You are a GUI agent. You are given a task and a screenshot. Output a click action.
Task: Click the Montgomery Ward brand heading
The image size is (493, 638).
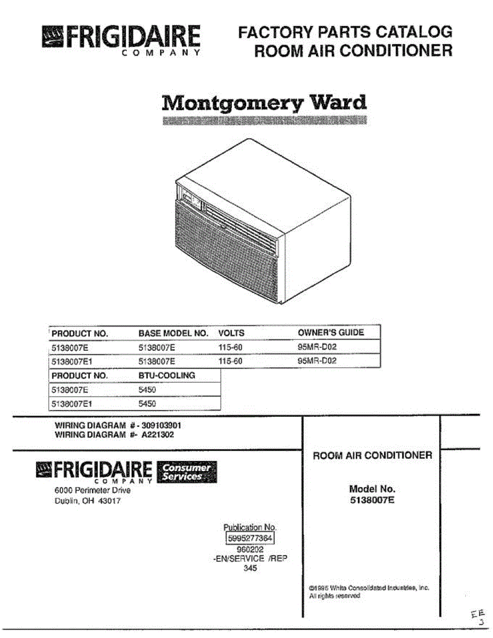click(x=264, y=102)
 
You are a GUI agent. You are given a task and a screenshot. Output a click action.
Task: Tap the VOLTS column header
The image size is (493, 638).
click(x=231, y=333)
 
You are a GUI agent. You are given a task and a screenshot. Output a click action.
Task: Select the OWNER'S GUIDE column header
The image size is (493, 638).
click(x=331, y=333)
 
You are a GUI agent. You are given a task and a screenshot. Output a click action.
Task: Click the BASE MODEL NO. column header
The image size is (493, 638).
click(x=173, y=333)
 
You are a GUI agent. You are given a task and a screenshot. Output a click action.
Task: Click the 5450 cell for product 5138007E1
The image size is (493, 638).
click(x=147, y=404)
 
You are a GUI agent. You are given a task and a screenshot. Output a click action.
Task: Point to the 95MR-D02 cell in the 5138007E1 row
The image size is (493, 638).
click(x=317, y=361)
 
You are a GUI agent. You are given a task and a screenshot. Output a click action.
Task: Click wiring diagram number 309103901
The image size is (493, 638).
click(x=164, y=426)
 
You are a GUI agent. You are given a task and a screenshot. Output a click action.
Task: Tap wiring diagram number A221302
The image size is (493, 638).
click(x=157, y=434)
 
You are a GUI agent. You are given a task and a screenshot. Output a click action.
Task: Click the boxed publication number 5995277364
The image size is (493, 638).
click(x=250, y=539)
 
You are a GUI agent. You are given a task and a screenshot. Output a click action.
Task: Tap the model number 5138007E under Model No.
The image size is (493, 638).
click(x=372, y=500)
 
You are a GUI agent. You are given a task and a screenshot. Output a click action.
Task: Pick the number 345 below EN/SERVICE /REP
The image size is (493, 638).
click(x=250, y=568)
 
